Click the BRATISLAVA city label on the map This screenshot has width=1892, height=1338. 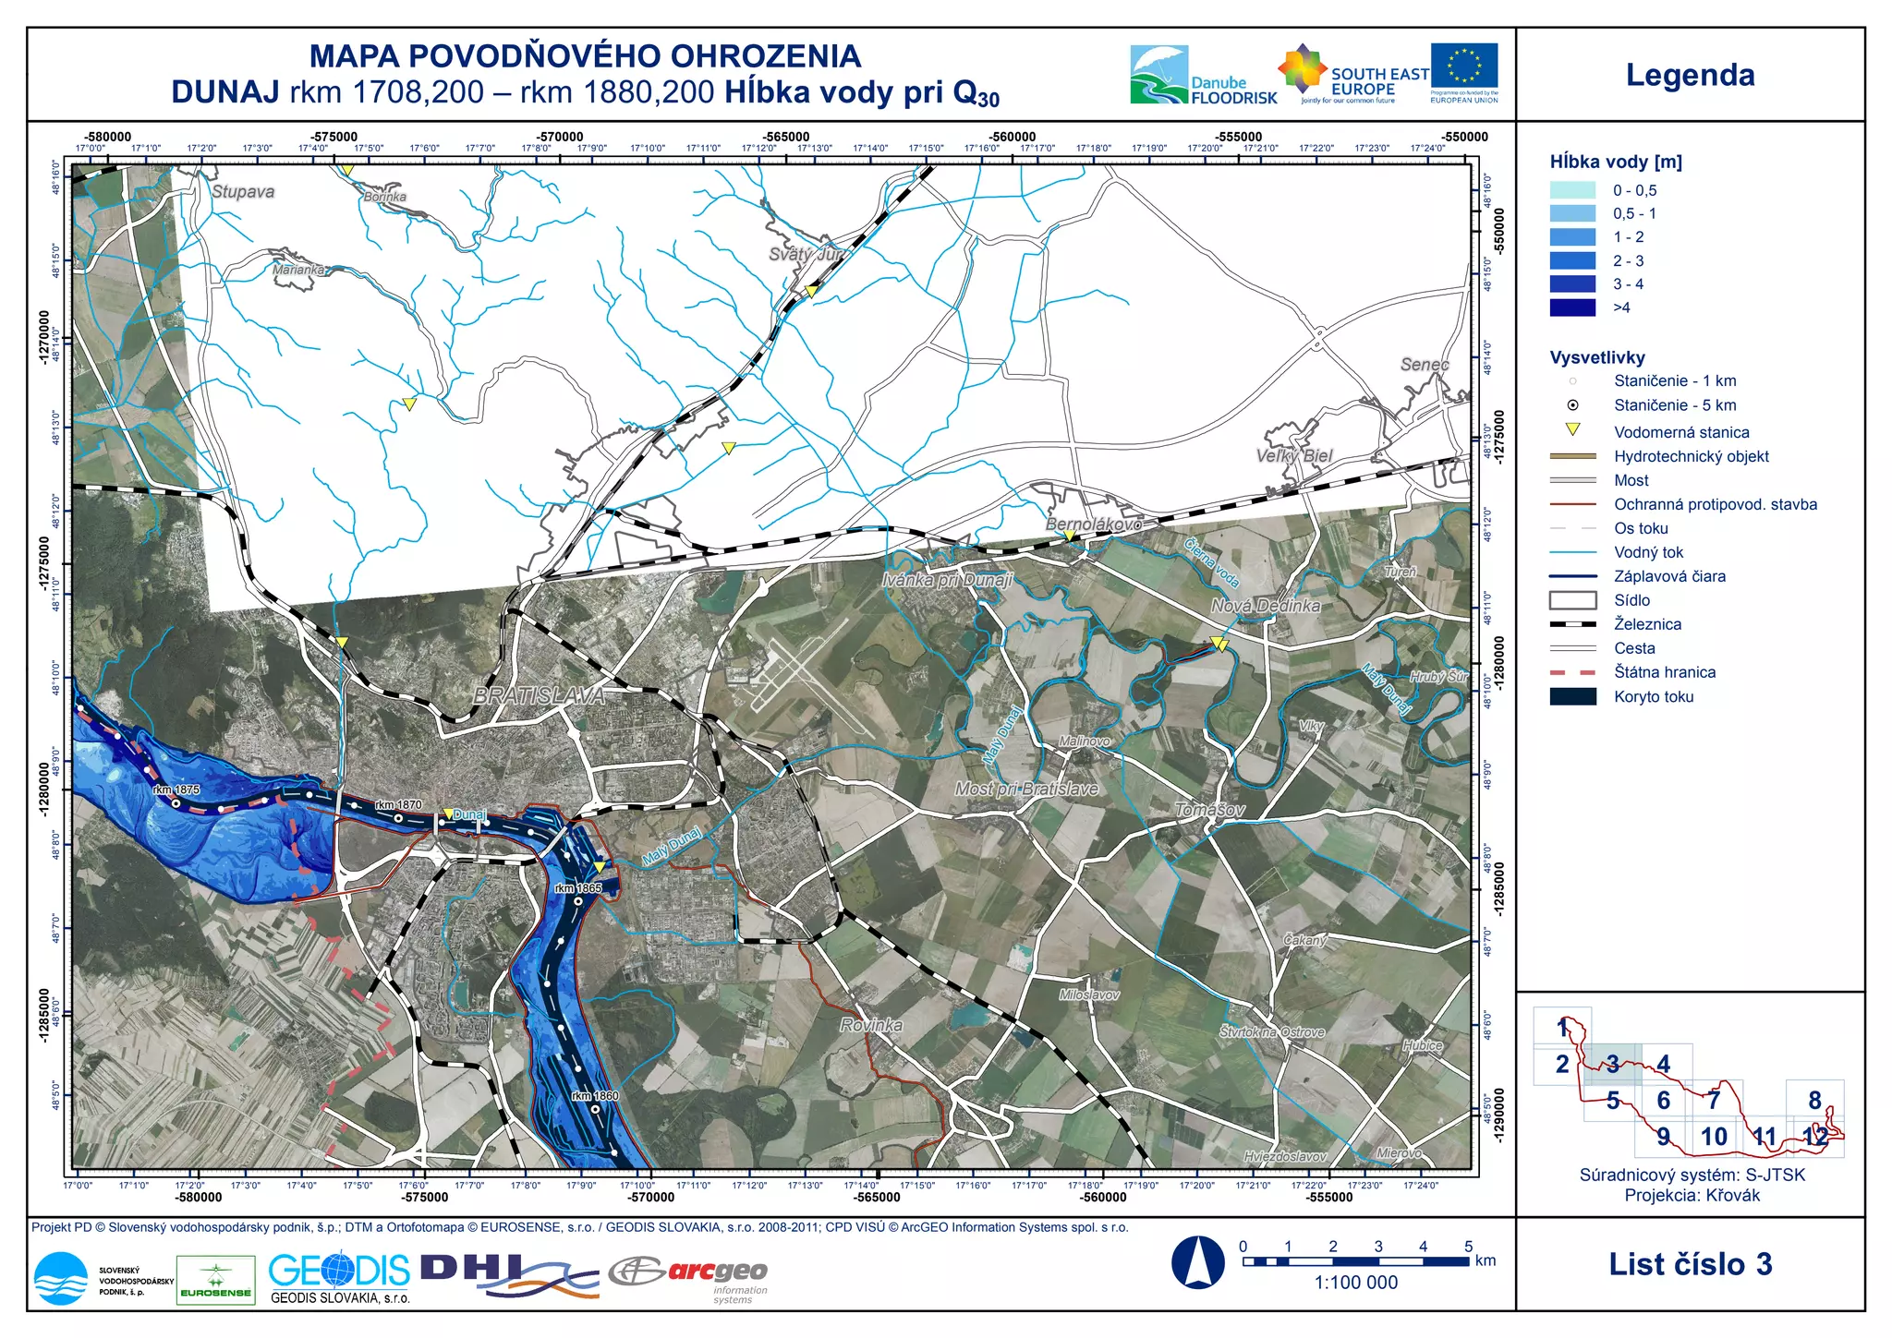point(539,696)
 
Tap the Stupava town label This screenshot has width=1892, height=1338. point(243,192)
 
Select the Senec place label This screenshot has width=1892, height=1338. point(1424,365)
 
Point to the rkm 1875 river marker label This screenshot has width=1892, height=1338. point(176,790)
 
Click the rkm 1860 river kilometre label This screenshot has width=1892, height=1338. point(595,1096)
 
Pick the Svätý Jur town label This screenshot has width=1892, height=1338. point(806,254)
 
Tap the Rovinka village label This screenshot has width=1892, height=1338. point(871,1025)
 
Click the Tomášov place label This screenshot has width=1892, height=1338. point(1209,810)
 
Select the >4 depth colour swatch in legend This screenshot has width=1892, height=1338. point(1572,308)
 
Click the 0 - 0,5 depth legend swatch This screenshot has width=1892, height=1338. point(1572,190)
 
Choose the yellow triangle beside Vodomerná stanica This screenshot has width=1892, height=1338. point(1572,429)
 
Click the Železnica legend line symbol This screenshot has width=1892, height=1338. point(1572,624)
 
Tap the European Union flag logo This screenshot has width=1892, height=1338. point(1464,66)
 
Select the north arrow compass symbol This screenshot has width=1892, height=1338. point(1197,1261)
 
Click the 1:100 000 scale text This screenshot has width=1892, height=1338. point(1355,1283)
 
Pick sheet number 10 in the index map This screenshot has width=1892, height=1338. point(1714,1137)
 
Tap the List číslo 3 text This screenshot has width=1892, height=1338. point(1690,1264)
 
